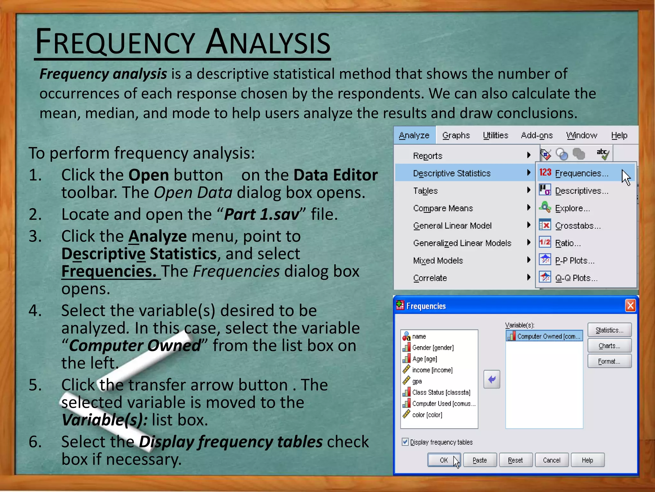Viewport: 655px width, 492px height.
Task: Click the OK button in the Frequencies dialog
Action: tap(444, 460)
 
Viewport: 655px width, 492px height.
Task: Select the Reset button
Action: tap(515, 460)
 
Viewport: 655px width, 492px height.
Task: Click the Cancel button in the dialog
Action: tap(551, 460)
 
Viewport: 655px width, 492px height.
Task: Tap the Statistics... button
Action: tap(609, 330)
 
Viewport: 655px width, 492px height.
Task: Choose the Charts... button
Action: tap(609, 346)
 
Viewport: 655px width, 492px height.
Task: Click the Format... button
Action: tap(609, 361)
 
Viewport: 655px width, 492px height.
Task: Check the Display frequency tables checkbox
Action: tap(405, 442)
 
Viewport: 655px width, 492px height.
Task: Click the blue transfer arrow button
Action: tap(492, 379)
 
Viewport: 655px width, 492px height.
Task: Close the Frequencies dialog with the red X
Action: tap(630, 306)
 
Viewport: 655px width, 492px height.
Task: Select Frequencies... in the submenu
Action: tap(581, 173)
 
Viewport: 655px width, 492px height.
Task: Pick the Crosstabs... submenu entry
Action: tap(578, 225)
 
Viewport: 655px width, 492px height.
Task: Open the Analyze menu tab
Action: tap(414, 135)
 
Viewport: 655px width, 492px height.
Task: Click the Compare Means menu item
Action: tap(443, 208)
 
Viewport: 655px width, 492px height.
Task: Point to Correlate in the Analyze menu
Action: tap(430, 278)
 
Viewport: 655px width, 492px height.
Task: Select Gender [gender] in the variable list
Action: tap(433, 348)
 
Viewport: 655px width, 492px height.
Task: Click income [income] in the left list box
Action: tap(432, 370)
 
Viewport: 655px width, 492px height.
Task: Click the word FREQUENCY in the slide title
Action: tap(115, 42)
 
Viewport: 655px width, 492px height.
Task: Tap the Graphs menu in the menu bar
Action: tap(456, 135)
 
